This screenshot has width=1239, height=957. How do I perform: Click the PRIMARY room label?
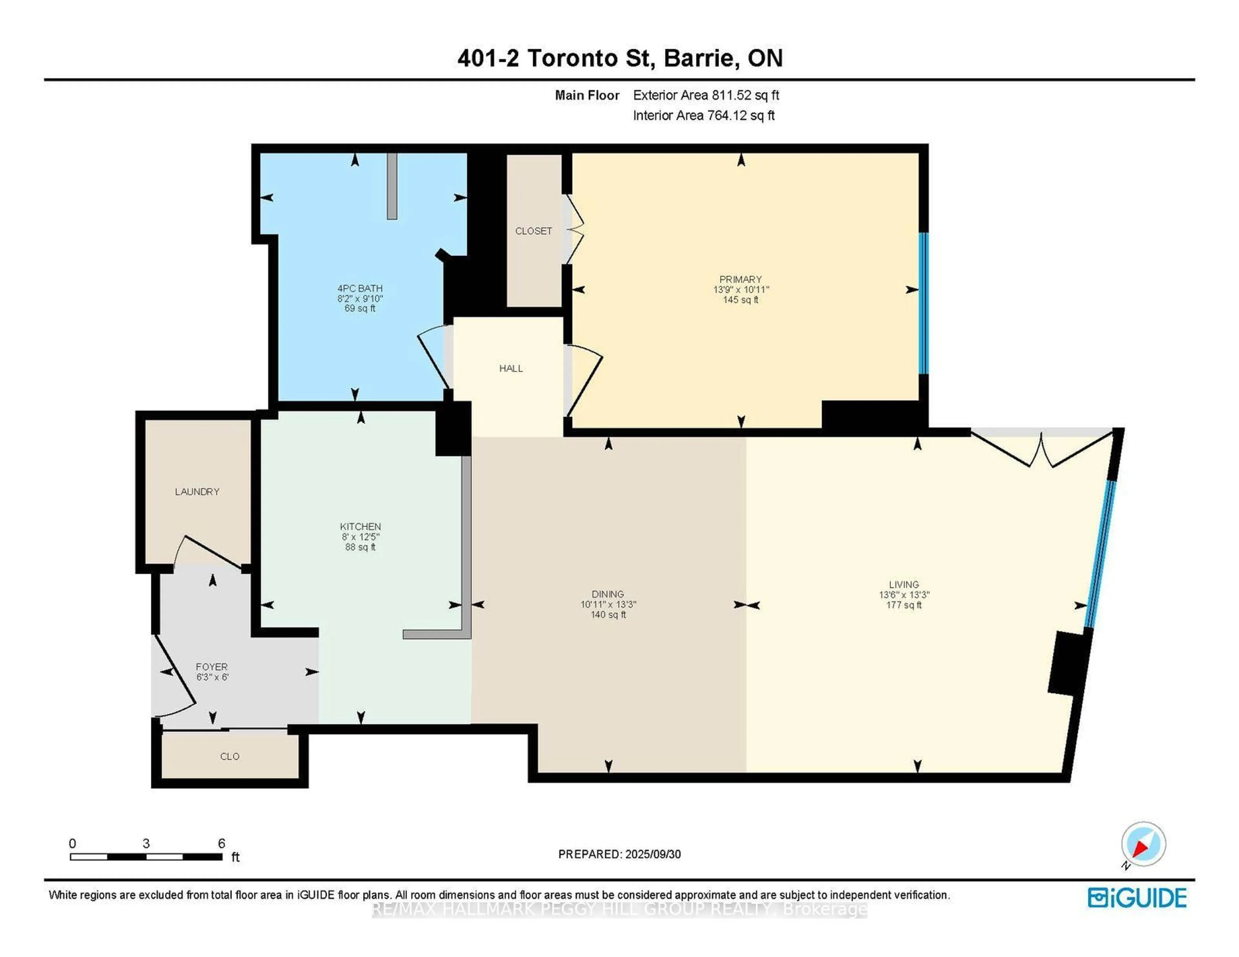coord(740,279)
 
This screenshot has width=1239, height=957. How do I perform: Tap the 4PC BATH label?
coord(360,288)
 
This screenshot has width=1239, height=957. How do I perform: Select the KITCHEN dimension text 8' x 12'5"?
coord(360,537)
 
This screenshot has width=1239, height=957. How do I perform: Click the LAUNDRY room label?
coord(197,492)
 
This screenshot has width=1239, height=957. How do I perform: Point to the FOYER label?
coord(212,667)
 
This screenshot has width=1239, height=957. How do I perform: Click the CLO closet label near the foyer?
coord(230,756)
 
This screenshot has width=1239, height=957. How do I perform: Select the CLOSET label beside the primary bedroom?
coord(533,231)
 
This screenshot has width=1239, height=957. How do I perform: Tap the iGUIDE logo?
coord(1137,898)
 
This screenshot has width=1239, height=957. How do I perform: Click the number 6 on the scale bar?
coord(222,843)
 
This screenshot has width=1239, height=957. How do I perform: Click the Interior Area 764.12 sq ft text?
coord(703,116)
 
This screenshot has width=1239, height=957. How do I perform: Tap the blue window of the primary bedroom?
coord(923,304)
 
